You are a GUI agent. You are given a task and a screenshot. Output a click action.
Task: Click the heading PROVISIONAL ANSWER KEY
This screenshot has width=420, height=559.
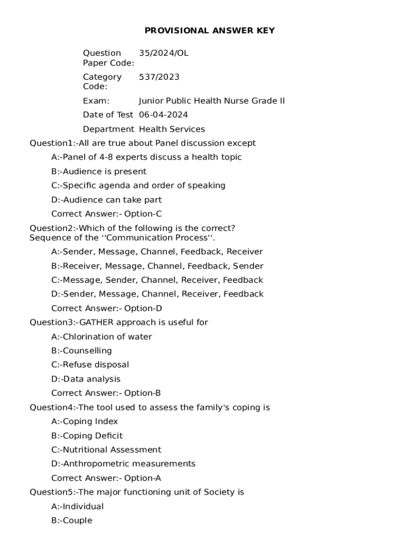pyautogui.click(x=209, y=31)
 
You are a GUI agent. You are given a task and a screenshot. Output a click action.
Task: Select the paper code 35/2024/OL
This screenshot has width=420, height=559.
pyautogui.click(x=164, y=53)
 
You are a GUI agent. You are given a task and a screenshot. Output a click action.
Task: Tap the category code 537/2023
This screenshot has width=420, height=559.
pyautogui.click(x=159, y=77)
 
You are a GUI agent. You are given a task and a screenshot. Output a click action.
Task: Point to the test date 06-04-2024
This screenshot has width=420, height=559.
pyautogui.click(x=163, y=115)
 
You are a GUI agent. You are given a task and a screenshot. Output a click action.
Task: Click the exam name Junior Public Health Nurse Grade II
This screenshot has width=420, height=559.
pyautogui.click(x=212, y=101)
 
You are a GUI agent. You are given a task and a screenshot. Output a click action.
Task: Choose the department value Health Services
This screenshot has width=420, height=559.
pyautogui.click(x=172, y=129)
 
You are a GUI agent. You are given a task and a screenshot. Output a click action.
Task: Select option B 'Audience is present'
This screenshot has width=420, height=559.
pyautogui.click(x=99, y=171)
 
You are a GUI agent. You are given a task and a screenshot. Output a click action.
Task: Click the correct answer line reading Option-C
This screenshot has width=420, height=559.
pyautogui.click(x=106, y=214)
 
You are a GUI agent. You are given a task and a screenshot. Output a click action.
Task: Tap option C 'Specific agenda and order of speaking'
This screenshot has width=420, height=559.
pyautogui.click(x=138, y=186)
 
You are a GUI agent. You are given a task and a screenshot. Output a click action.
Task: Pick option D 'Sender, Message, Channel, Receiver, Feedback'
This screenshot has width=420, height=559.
pyautogui.click(x=157, y=294)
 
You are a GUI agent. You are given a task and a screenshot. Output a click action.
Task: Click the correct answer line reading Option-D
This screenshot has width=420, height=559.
pyautogui.click(x=106, y=308)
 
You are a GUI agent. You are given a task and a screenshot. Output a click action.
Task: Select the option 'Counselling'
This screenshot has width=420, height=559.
pyautogui.click(x=81, y=350)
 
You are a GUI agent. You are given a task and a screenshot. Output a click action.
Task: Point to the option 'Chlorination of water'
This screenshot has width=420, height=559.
pyautogui.click(x=101, y=337)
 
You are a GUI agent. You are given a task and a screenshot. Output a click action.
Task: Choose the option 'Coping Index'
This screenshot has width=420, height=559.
pyautogui.click(x=85, y=421)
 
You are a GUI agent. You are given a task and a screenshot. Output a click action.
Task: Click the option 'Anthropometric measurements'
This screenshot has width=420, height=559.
pyautogui.click(x=123, y=464)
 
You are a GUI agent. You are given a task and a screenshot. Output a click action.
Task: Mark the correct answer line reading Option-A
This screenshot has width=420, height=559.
pyautogui.click(x=106, y=478)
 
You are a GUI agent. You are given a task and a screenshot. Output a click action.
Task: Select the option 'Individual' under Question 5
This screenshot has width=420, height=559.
pyautogui.click(x=77, y=507)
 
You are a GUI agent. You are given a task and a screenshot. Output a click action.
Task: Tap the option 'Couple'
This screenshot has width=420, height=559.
pyautogui.click(x=71, y=521)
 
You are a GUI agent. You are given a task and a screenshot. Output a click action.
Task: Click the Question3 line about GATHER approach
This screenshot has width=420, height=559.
pyautogui.click(x=119, y=323)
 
